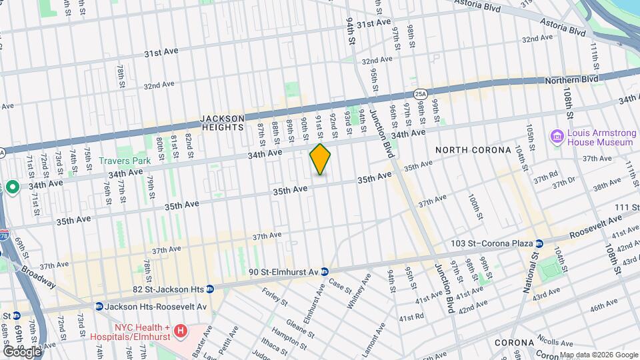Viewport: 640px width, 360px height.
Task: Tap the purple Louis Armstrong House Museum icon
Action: click(557, 137)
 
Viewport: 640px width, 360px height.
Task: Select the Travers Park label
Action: click(124, 161)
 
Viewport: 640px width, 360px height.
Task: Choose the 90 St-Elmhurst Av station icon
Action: click(324, 271)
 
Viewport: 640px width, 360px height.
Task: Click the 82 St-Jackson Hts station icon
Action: click(209, 289)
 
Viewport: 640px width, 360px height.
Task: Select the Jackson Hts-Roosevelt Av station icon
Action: click(99, 307)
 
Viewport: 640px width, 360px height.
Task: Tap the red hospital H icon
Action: click(179, 331)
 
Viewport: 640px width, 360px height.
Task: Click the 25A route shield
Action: click(420, 95)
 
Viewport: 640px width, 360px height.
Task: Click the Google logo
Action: click(21, 351)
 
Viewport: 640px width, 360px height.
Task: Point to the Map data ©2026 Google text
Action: click(598, 355)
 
